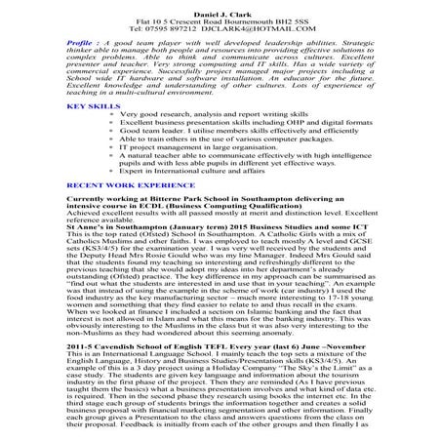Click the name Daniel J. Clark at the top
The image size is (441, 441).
tap(220, 9)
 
